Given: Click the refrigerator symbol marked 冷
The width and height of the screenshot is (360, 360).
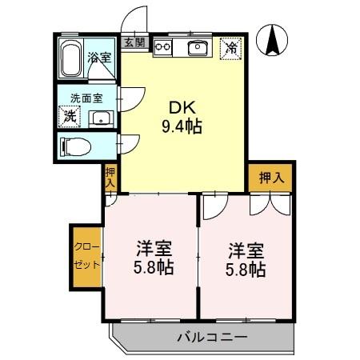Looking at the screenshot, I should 230,47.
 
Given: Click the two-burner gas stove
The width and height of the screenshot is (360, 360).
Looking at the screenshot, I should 164,47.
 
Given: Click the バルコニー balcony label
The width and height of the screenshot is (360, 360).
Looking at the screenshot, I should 212,337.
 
